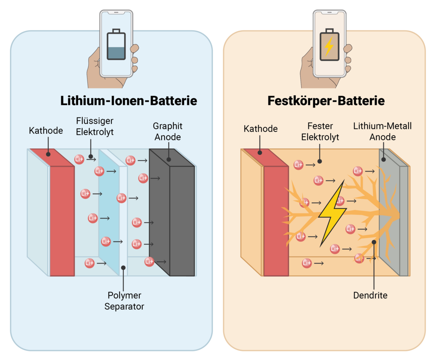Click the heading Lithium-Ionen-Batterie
(x=128, y=101)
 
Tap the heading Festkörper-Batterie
(x=326, y=101)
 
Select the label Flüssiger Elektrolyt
(x=95, y=126)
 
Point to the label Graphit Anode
(x=167, y=132)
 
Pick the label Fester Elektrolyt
(x=320, y=132)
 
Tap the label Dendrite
(x=370, y=295)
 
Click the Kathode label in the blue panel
(x=46, y=130)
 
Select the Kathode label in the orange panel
(x=260, y=129)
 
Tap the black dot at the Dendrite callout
(x=374, y=242)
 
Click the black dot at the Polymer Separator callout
(x=123, y=268)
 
